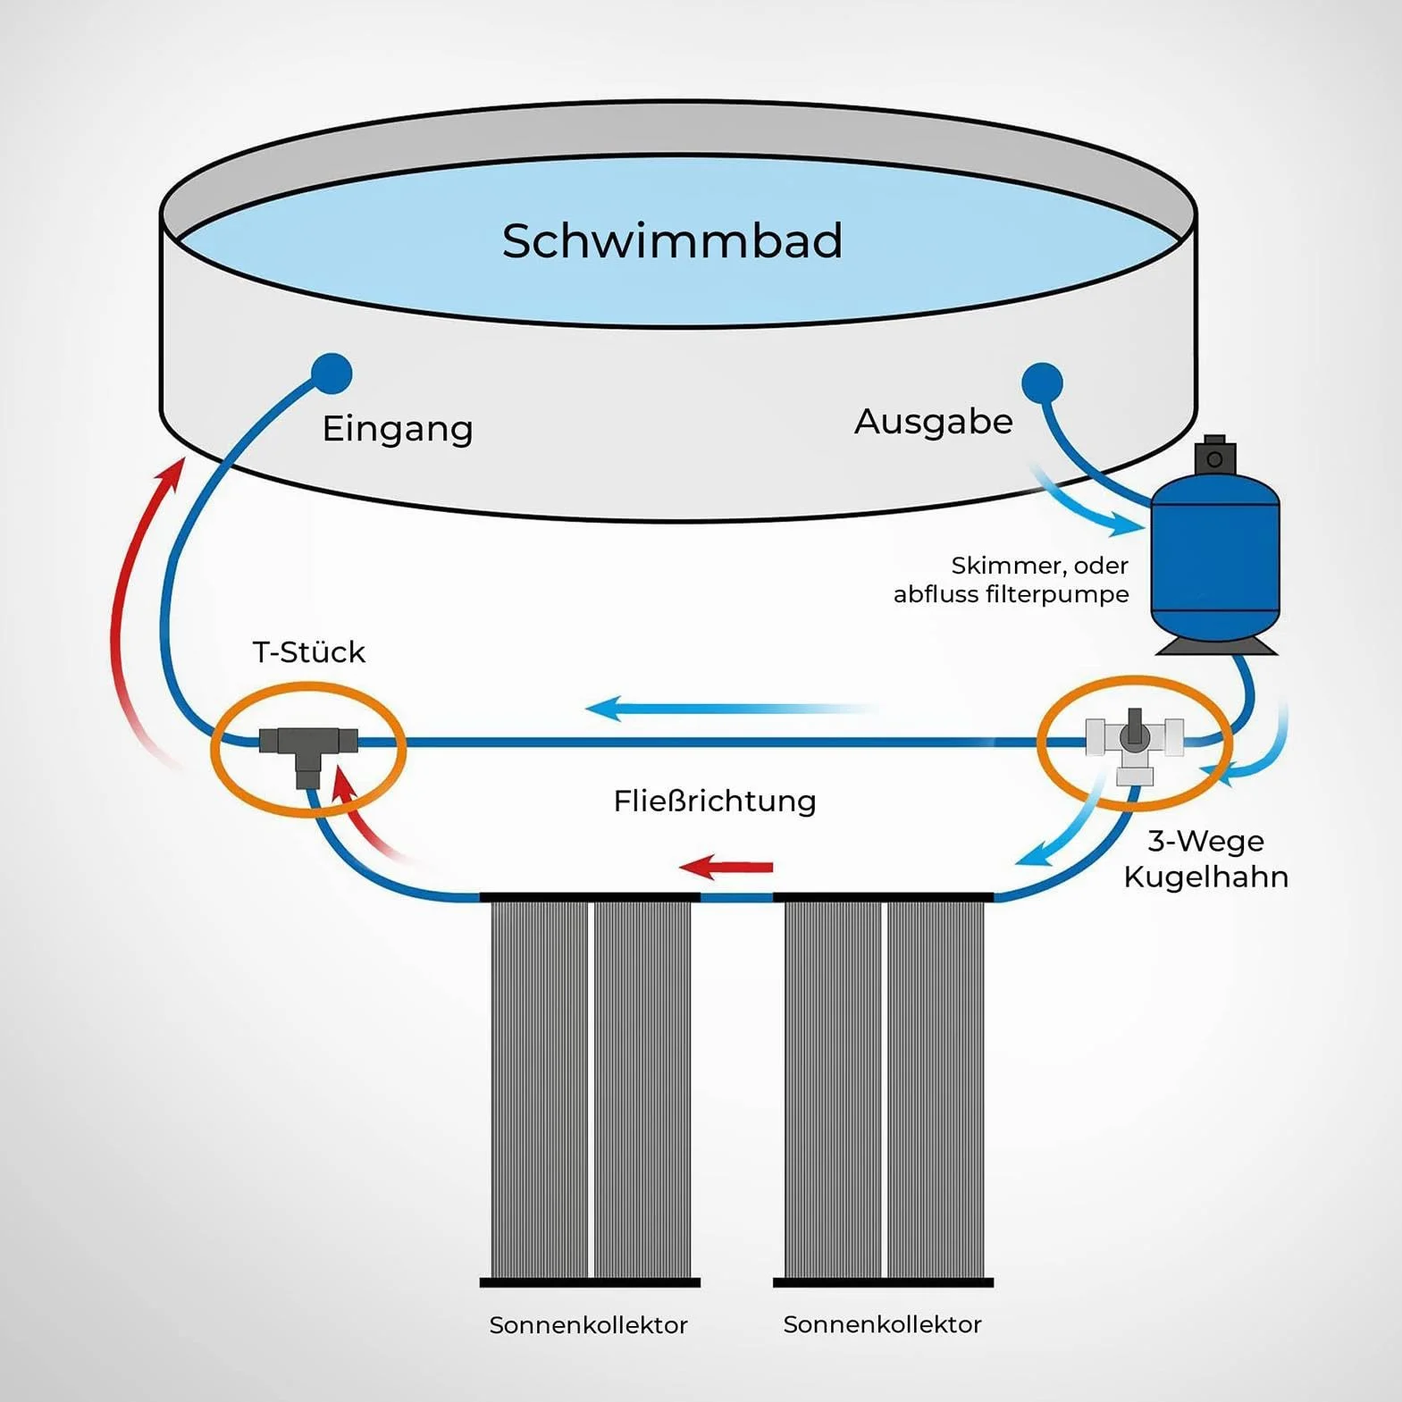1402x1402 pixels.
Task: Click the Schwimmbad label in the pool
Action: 672,240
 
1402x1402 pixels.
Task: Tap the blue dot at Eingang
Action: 332,374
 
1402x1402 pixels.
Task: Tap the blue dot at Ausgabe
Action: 1042,383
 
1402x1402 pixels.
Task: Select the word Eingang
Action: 398,429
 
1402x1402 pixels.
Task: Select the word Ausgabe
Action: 934,422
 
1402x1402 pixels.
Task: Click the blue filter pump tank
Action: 1215,563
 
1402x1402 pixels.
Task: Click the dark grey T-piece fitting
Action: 308,750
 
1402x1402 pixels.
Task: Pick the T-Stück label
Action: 309,652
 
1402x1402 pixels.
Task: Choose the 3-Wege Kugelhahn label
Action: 1206,859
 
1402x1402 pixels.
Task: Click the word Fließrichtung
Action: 715,801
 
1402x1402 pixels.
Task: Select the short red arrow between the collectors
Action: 726,866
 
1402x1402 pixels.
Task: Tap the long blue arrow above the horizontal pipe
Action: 731,709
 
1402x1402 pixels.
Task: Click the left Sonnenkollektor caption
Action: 589,1325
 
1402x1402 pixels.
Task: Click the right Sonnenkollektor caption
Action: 883,1324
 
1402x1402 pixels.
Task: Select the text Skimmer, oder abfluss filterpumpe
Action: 1012,580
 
